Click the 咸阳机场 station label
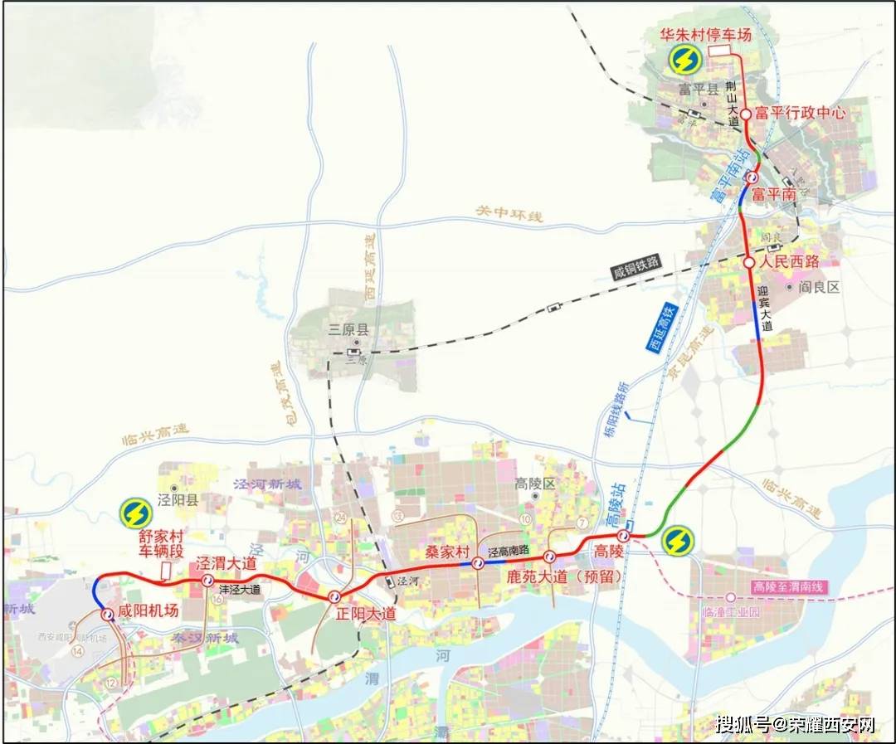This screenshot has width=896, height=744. tap(149, 611)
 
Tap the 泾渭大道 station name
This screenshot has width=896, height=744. tap(226, 563)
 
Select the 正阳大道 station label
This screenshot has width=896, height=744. tap(365, 615)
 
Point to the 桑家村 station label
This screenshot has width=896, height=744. tap(448, 552)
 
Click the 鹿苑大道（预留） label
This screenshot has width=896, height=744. tap(563, 575)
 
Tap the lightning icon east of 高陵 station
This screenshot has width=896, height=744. tap(678, 541)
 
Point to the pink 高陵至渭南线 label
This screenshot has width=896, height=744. tap(791, 586)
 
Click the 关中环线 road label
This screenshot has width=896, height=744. tap(509, 213)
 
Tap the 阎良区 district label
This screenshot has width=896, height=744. tap(820, 287)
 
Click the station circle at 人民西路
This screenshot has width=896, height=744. tap(749, 262)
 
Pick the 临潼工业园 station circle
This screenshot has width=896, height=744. tap(731, 597)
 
